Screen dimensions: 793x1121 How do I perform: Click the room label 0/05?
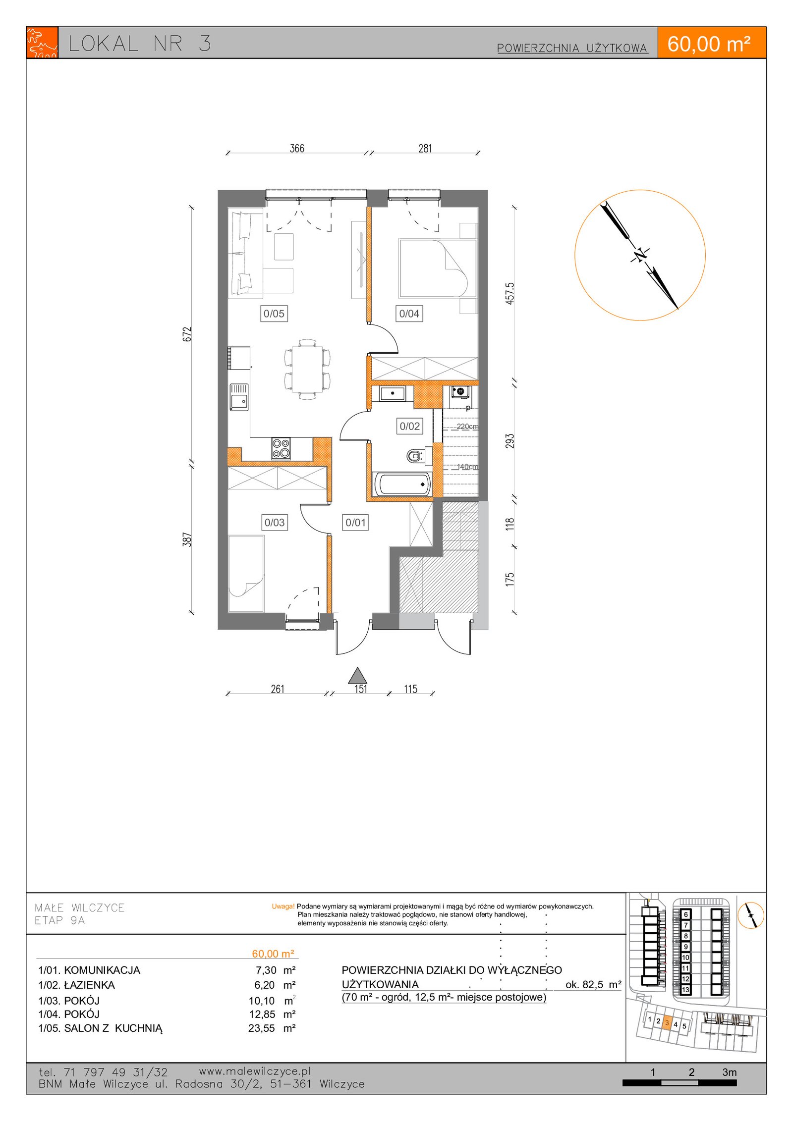pos(274,314)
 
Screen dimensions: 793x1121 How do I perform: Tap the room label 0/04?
pos(409,314)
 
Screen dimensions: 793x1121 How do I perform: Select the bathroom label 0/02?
pos(409,426)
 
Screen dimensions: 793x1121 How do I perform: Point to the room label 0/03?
pos(274,523)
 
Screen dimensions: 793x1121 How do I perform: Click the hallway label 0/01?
pos(355,523)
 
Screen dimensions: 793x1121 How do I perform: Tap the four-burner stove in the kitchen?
pos(281,448)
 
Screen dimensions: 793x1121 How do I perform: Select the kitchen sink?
pos(239,397)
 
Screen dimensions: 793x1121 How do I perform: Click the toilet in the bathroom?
pos(416,455)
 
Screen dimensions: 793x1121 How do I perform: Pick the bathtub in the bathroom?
pos(402,484)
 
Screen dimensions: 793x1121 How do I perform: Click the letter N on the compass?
pos(640,255)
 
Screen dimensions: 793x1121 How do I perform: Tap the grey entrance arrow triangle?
pos(357,676)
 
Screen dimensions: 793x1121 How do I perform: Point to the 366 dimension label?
pos(297,148)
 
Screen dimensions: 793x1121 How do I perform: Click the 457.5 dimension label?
pos(510,293)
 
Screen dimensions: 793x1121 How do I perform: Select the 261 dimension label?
pos(278,689)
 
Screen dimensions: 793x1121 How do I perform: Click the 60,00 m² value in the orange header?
pos(709,44)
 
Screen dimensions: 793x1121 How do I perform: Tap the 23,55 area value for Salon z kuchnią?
pos(262,1028)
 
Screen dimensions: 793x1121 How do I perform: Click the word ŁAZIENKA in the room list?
pos(90,985)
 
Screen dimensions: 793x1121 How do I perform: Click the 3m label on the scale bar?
pos(729,1072)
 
